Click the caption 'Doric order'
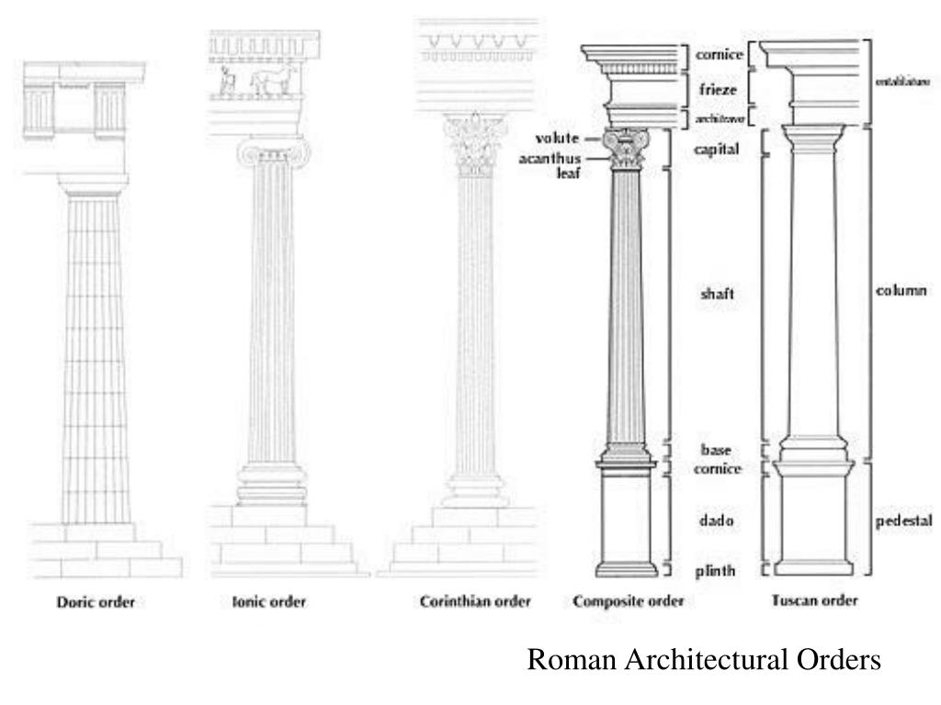[x=96, y=603]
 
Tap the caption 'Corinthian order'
[x=475, y=603]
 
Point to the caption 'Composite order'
[x=628, y=603]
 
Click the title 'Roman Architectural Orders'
[x=704, y=660]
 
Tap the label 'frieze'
[x=715, y=91]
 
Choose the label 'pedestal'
[x=903, y=520]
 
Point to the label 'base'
[x=715, y=450]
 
